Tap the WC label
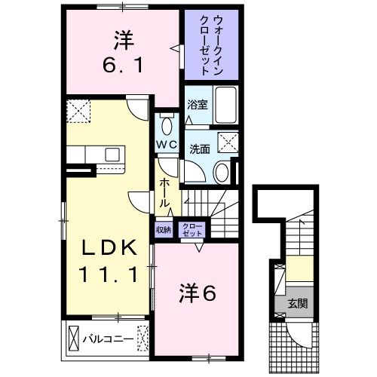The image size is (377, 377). click(x=167, y=143)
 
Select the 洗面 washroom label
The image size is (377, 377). click(x=199, y=148)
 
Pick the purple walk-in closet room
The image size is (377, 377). click(x=211, y=45)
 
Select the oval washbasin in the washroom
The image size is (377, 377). click(x=221, y=172)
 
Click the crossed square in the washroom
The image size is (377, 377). click(x=227, y=142)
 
